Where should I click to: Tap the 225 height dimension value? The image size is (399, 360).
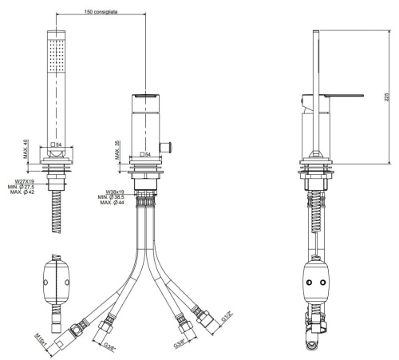click(385, 97)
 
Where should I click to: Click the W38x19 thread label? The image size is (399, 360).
click(116, 192)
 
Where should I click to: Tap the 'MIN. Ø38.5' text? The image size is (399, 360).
click(116, 197)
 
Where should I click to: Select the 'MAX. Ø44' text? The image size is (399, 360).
click(116, 204)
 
